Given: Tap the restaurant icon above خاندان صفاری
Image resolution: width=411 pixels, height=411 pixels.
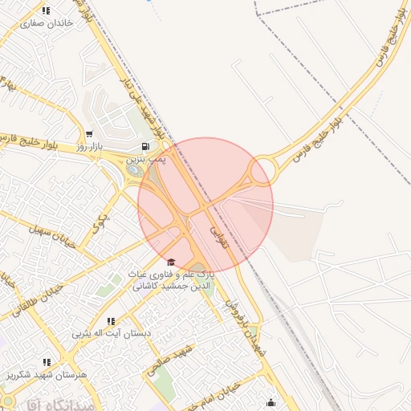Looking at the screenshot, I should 46,10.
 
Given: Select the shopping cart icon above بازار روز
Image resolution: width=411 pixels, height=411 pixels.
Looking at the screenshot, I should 88,134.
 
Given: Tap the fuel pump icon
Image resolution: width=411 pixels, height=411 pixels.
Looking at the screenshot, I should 144,146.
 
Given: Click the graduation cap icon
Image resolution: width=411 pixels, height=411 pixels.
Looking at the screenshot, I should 170,262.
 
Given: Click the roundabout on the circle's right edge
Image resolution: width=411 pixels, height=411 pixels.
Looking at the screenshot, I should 262,172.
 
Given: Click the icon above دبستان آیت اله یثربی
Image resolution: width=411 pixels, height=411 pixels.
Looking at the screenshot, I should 111,321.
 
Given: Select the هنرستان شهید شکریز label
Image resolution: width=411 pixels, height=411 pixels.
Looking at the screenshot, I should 48,374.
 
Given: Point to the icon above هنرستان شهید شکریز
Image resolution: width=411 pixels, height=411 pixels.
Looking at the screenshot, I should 47,362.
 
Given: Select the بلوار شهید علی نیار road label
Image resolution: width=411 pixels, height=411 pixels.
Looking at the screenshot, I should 144,108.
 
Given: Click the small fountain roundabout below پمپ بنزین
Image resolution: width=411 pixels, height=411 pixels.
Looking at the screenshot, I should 135,169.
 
